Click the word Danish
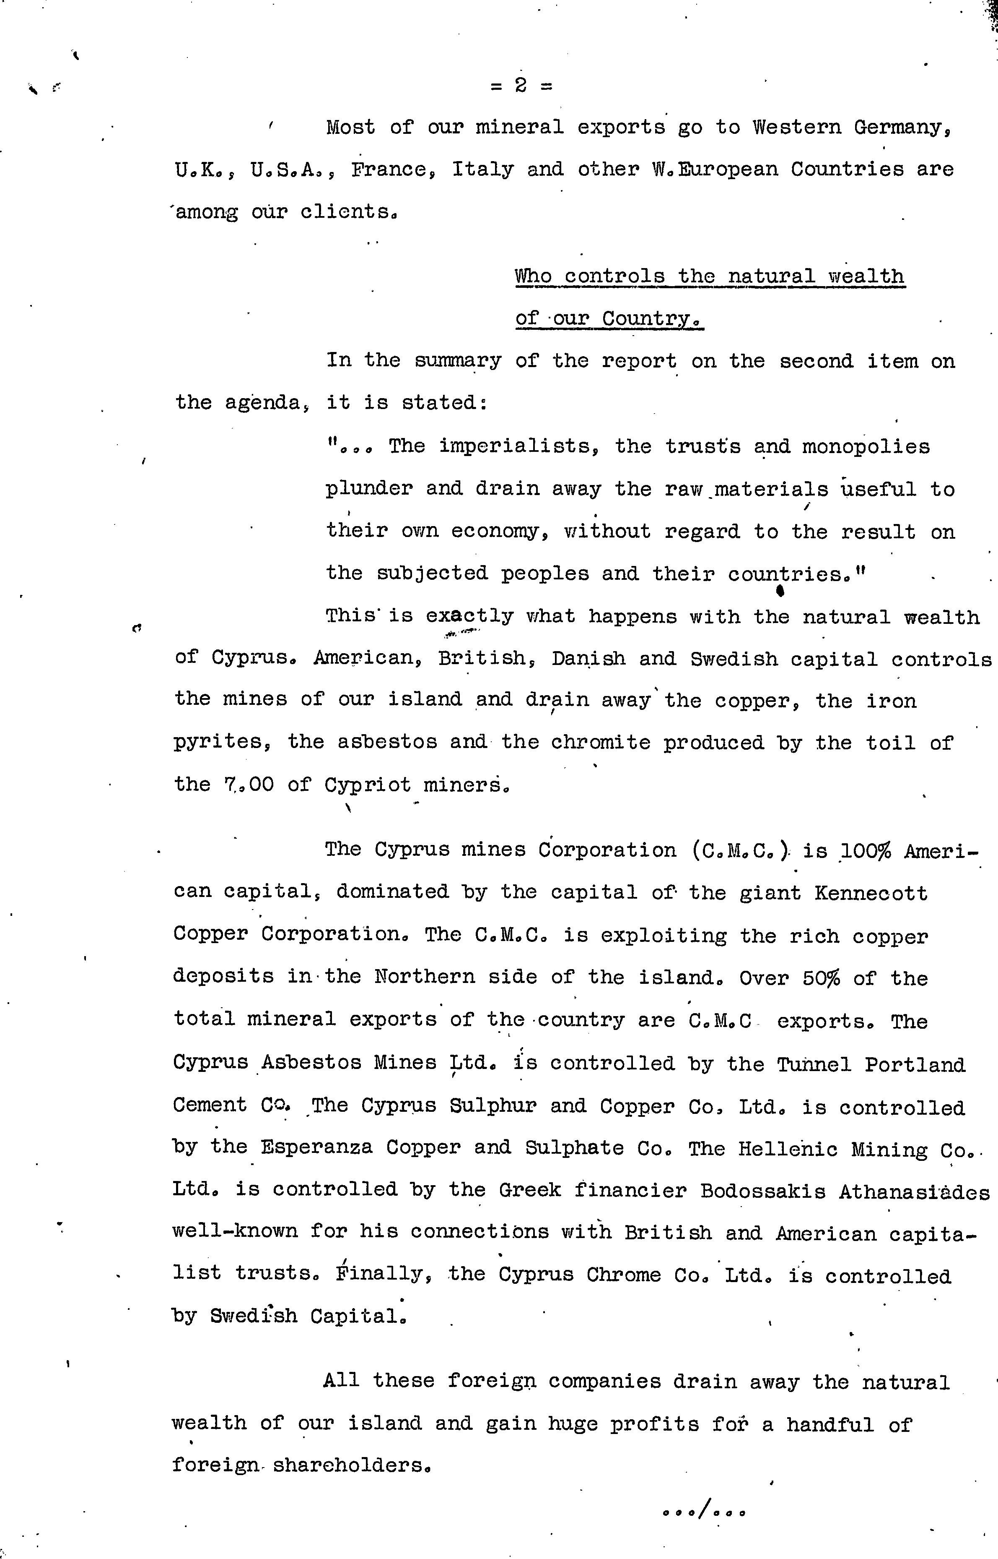(588, 658)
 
